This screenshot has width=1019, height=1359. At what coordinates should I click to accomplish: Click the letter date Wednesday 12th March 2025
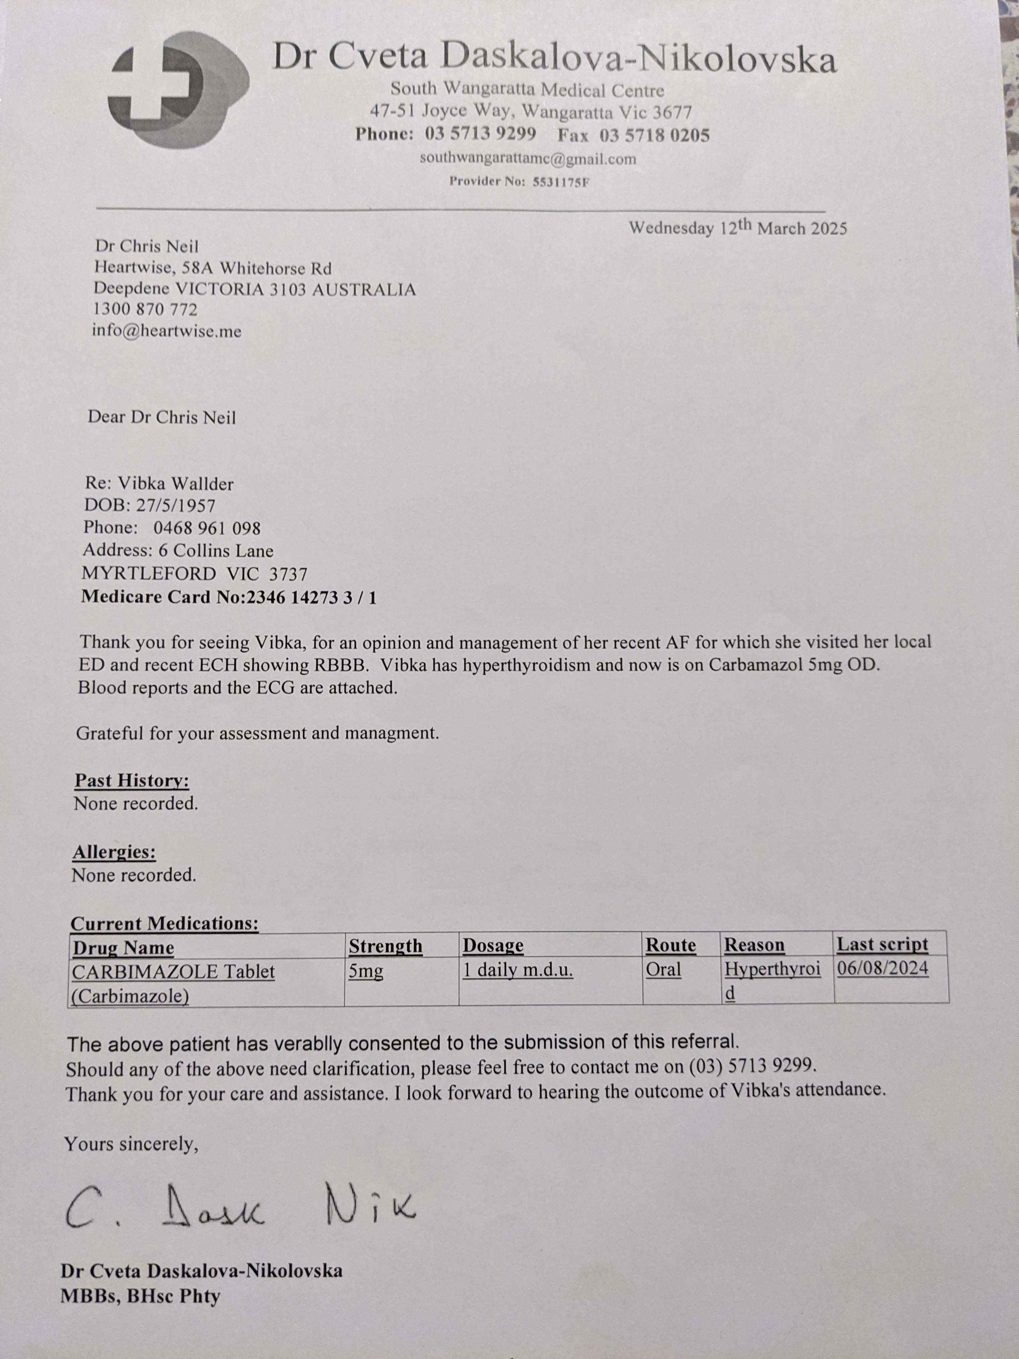coord(737,228)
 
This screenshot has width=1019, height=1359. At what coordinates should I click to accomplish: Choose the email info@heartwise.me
coord(166,331)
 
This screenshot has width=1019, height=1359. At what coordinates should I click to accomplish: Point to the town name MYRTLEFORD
coord(149,573)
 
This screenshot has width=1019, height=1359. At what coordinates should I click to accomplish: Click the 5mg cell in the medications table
coord(366,972)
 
